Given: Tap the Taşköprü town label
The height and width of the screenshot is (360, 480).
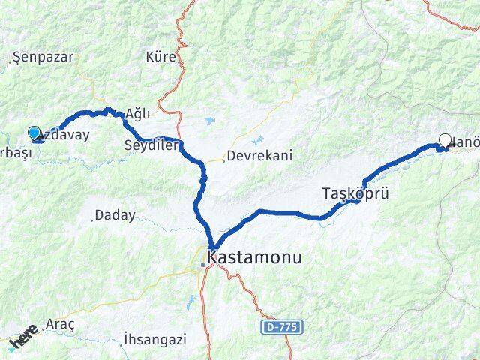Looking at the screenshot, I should pyautogui.click(x=355, y=193).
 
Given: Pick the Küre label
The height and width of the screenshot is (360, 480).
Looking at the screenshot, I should pyautogui.click(x=161, y=57).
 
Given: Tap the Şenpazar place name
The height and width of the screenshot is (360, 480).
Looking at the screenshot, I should pyautogui.click(x=40, y=58).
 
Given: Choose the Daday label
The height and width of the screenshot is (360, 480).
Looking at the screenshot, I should pyautogui.click(x=116, y=215).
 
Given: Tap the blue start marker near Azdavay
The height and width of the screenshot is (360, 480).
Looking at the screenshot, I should pyautogui.click(x=34, y=134).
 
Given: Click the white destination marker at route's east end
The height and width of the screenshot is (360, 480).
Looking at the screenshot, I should pyautogui.click(x=445, y=140).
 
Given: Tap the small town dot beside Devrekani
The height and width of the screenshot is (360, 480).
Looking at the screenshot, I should pyautogui.click(x=223, y=160).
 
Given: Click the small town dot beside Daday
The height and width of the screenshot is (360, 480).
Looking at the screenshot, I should pyautogui.click(x=92, y=219).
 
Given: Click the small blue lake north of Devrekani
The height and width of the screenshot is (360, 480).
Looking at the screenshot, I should pyautogui.click(x=259, y=139).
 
